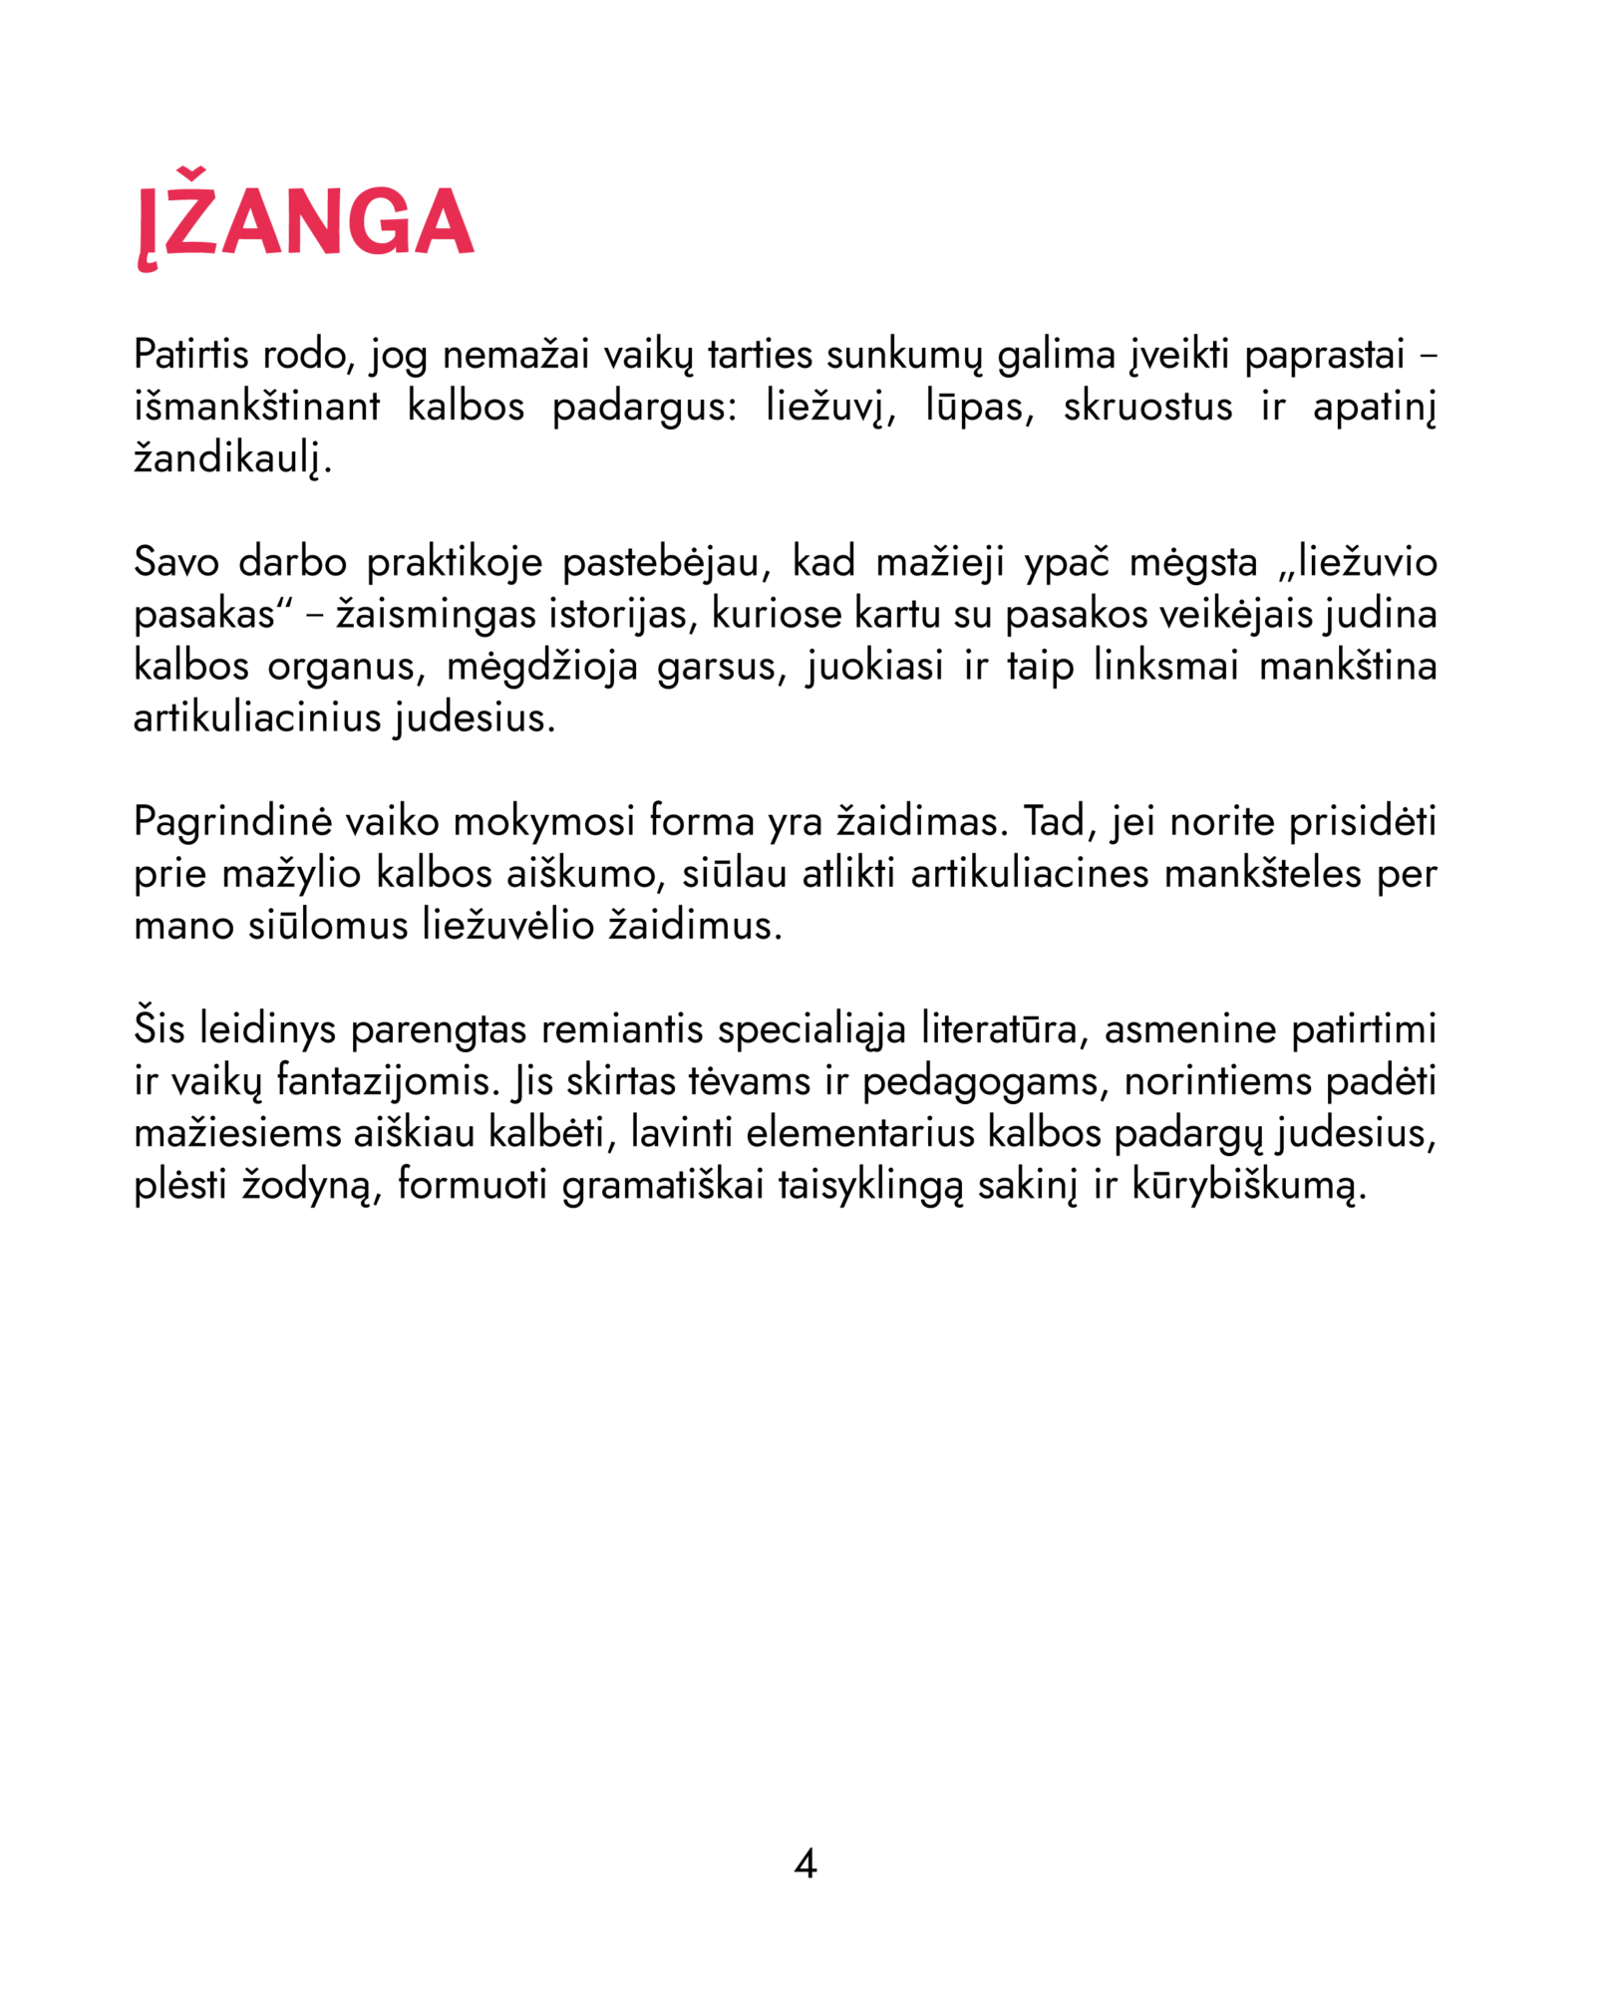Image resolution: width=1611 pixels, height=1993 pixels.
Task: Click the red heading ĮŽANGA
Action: pyautogui.click(x=305, y=221)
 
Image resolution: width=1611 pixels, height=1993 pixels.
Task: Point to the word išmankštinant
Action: pyautogui.click(x=257, y=407)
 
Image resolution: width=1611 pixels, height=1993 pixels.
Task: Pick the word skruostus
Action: pyautogui.click(x=1147, y=407)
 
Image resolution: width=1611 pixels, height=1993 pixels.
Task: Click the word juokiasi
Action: pyautogui.click(x=875, y=667)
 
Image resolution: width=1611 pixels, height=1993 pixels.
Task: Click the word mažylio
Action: pyautogui.click(x=291, y=875)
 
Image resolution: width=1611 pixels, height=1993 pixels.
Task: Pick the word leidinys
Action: pyautogui.click(x=268, y=1030)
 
